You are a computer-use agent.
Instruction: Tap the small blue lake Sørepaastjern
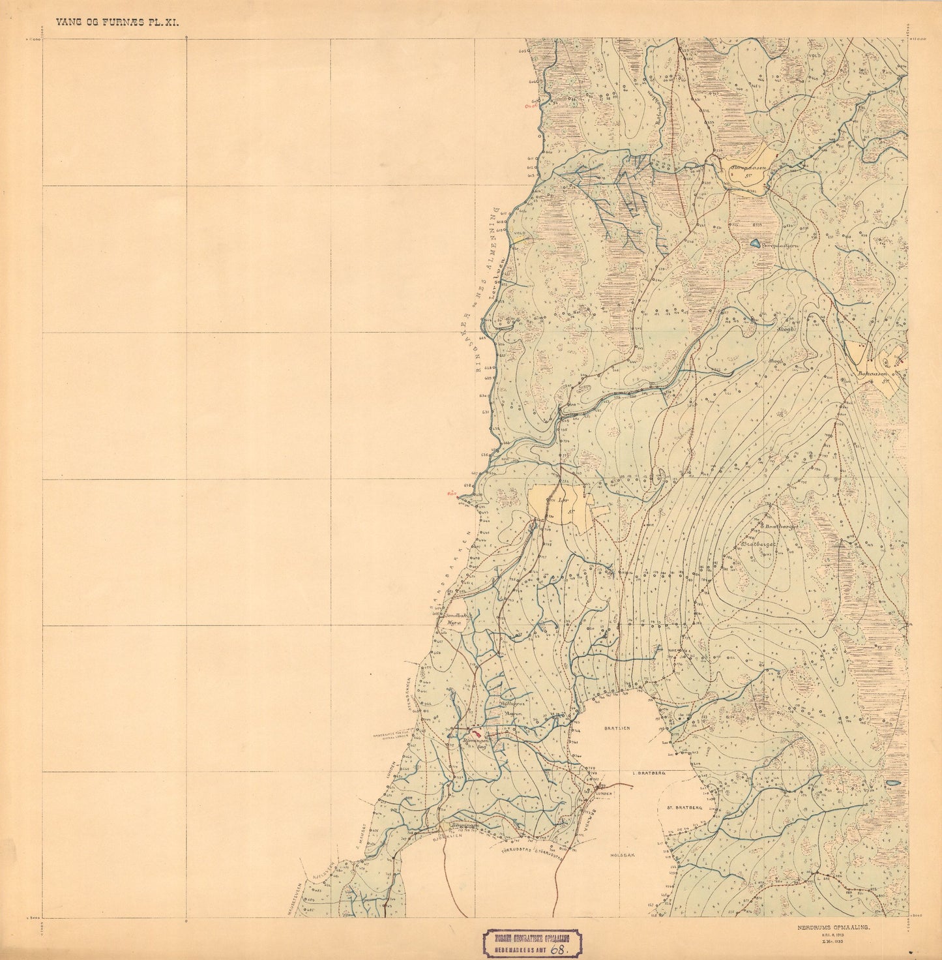[x=755, y=244]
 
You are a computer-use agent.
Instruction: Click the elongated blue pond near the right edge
[x=894, y=783]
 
